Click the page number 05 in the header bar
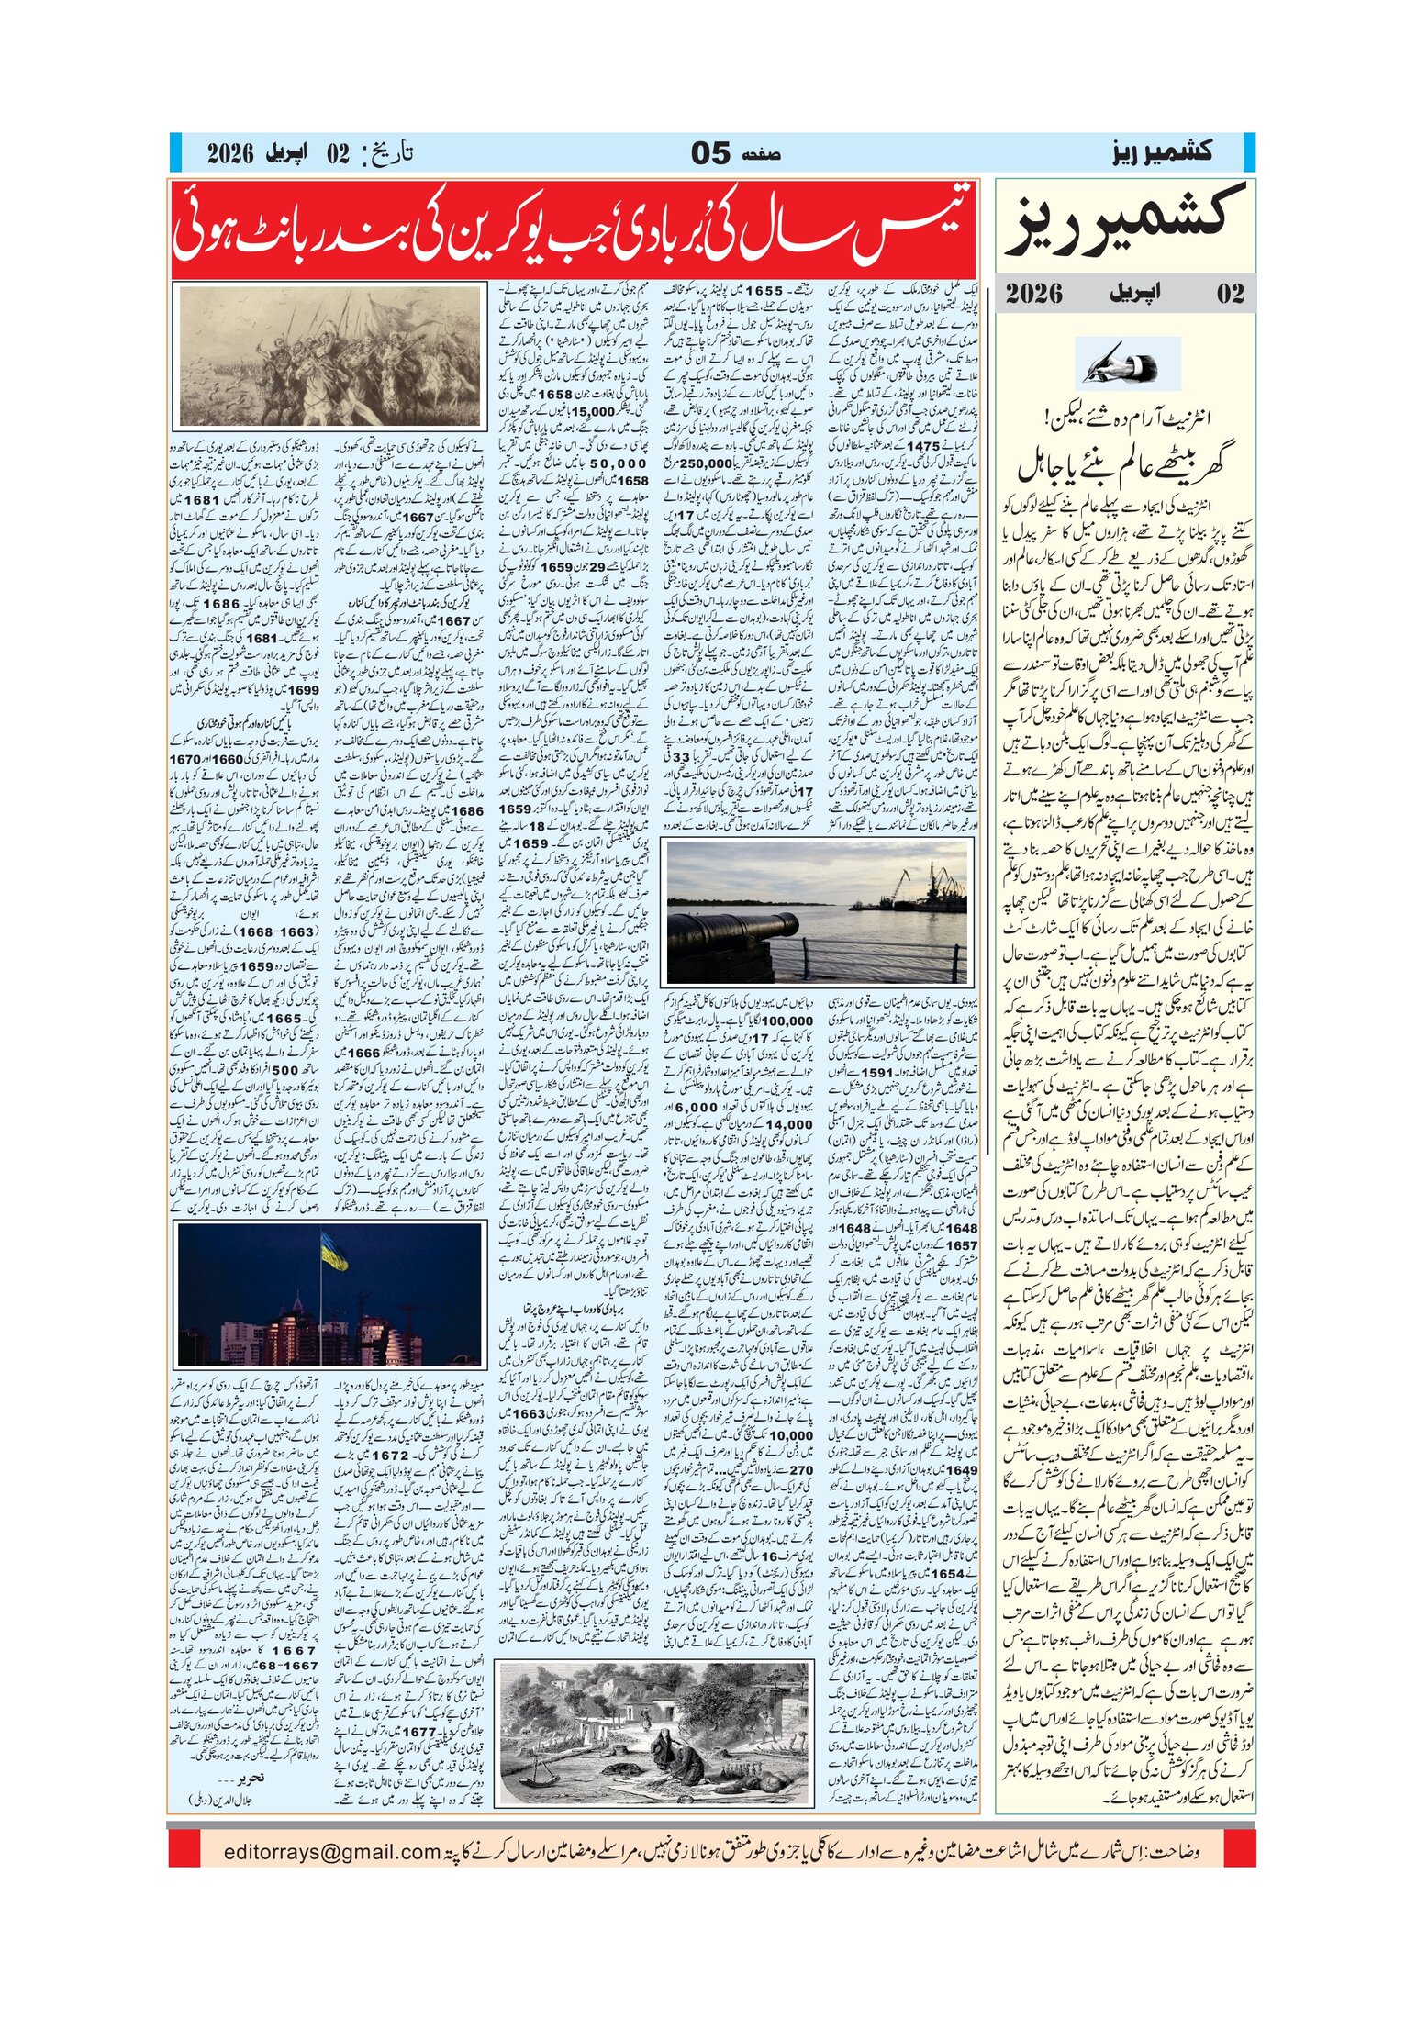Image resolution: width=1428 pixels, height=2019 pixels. (x=710, y=153)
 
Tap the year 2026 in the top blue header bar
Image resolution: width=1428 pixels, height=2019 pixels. (x=230, y=153)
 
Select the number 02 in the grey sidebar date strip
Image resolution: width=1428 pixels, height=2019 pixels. (x=1230, y=294)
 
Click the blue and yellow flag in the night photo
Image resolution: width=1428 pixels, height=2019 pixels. (x=333, y=1253)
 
